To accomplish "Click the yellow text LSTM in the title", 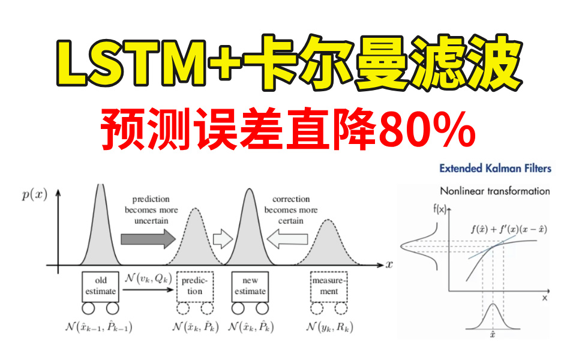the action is click(x=131, y=61).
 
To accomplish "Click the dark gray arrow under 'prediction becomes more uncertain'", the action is click(x=148, y=239).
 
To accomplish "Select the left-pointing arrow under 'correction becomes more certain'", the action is click(x=287, y=239).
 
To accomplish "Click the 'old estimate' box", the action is click(x=100, y=287).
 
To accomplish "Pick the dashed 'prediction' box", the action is click(x=194, y=287).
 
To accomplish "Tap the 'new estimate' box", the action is click(x=250, y=287).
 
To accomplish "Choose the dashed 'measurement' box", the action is click(x=329, y=287).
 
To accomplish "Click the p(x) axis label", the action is click(x=35, y=194).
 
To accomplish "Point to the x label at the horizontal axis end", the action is click(x=389, y=264).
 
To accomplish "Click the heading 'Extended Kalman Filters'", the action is click(x=495, y=168).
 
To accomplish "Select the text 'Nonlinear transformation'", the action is click(x=495, y=191).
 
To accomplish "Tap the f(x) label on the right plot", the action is click(x=439, y=209).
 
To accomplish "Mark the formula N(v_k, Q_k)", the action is click(x=148, y=278).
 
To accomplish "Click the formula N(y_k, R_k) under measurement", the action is click(x=329, y=326).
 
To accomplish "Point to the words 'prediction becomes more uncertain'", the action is click(x=151, y=210).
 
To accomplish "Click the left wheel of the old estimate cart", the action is click(x=88, y=308).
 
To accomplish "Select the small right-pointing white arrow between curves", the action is click(x=223, y=239).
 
